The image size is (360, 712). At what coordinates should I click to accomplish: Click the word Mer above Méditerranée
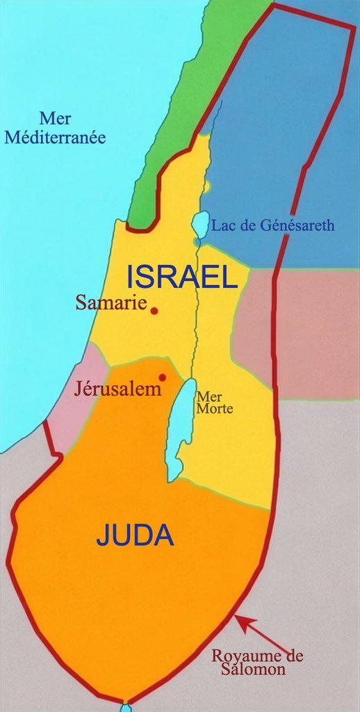tap(55, 119)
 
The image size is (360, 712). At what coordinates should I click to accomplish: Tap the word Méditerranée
tap(55, 137)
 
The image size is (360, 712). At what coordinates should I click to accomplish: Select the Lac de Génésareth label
tap(273, 225)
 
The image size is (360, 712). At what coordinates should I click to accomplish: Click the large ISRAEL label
tap(182, 278)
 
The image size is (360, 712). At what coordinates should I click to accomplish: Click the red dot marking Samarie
tap(154, 311)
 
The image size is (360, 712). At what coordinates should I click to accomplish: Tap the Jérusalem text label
tap(117, 389)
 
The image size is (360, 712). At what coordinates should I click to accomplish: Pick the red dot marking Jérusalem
tap(163, 378)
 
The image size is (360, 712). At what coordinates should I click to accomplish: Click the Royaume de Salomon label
tap(258, 663)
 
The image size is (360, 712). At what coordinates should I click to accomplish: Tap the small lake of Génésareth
tap(200, 225)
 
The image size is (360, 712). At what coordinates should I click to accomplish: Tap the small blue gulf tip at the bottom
tap(126, 707)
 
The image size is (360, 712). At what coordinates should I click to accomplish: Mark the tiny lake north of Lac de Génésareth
tap(206, 186)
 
